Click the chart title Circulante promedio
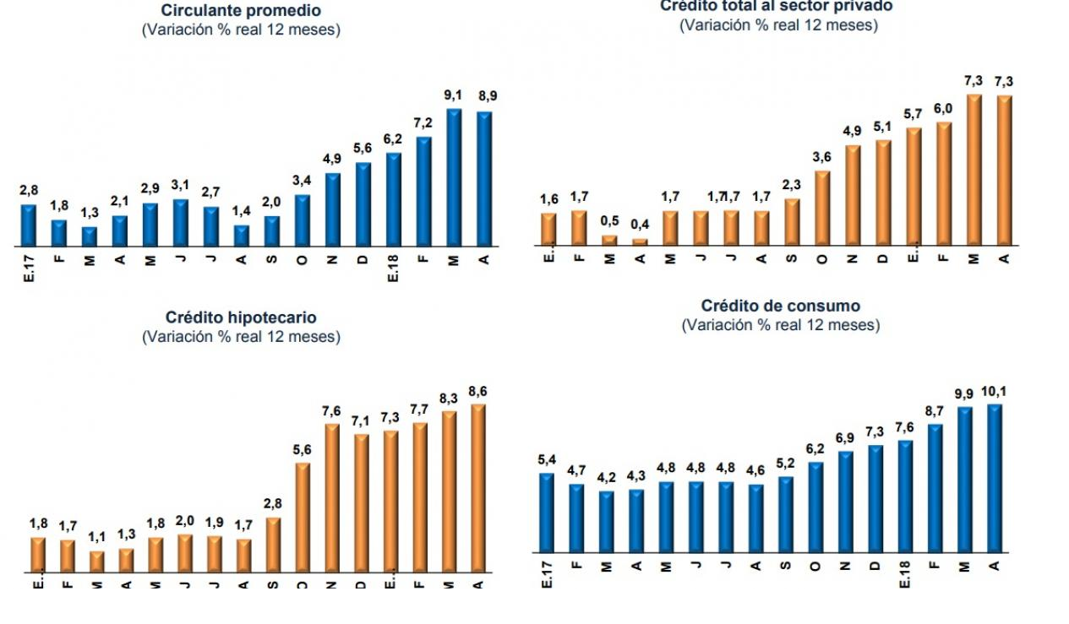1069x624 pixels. pos(241,11)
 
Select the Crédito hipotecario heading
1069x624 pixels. pos(241,318)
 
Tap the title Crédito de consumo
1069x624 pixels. pos(780,307)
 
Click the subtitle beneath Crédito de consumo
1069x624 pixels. pos(780,325)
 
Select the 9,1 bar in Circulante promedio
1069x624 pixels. pos(454,178)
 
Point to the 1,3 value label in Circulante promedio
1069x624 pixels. pos(89,213)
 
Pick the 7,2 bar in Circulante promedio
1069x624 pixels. pos(423,192)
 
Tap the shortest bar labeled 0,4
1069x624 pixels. pos(640,242)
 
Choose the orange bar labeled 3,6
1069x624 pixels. pos(822,209)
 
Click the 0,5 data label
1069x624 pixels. pos(609,221)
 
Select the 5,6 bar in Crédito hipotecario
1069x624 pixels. pos(302,517)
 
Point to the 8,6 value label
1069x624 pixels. pos(477,391)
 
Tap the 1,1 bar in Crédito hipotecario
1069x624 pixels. pos(97,562)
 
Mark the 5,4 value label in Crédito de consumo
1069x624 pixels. pos(546,459)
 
